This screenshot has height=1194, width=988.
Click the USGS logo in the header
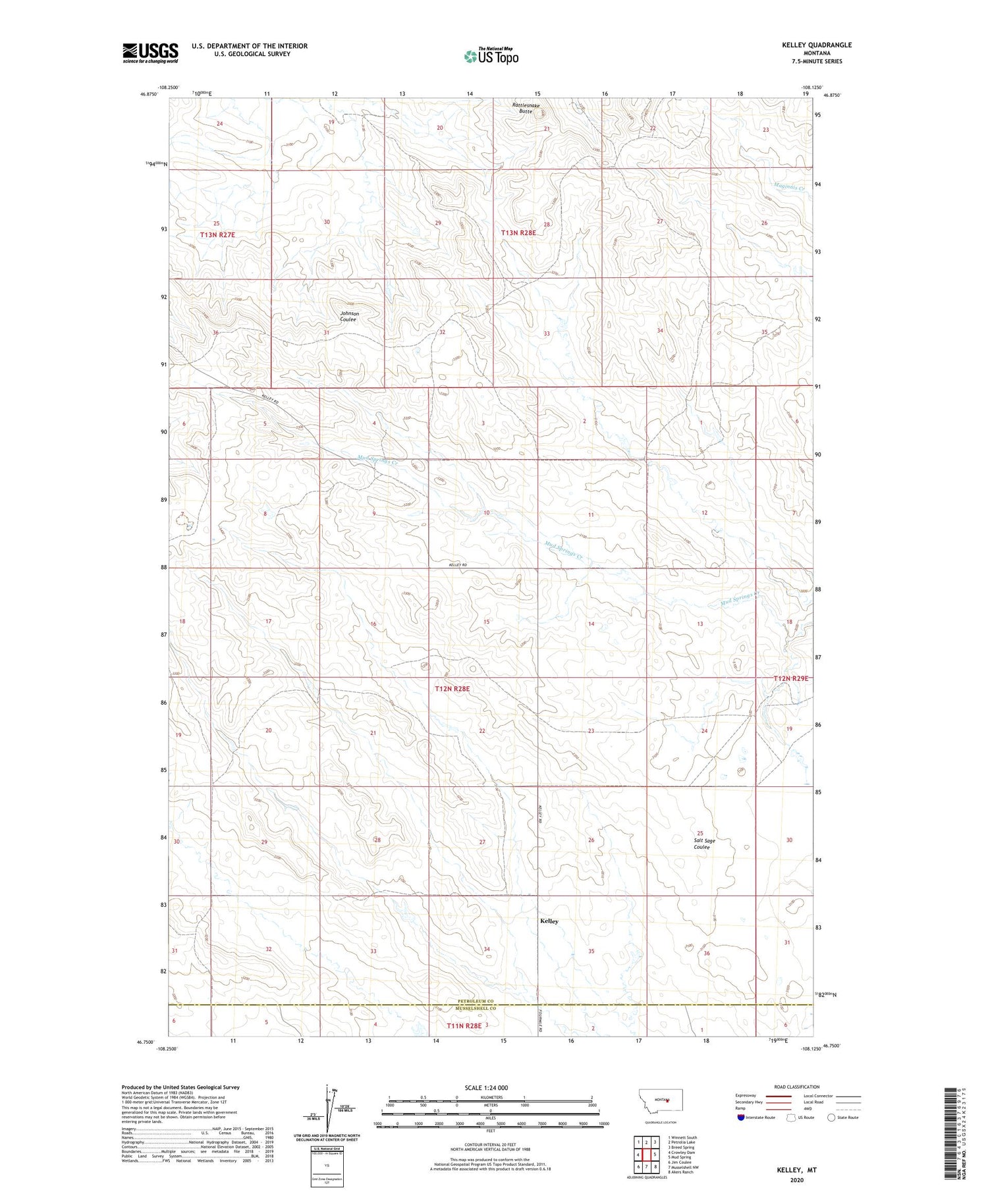point(150,53)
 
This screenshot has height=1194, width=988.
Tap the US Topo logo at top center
point(491,57)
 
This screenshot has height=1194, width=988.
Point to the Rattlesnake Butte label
point(526,108)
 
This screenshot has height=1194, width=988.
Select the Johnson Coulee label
point(348,317)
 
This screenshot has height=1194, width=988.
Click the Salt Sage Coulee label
point(703,844)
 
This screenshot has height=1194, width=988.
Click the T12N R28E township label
point(453,689)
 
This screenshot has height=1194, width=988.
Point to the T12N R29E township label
point(790,678)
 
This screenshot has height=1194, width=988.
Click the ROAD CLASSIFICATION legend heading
point(797,1087)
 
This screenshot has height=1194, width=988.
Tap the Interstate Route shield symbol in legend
point(741,1118)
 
